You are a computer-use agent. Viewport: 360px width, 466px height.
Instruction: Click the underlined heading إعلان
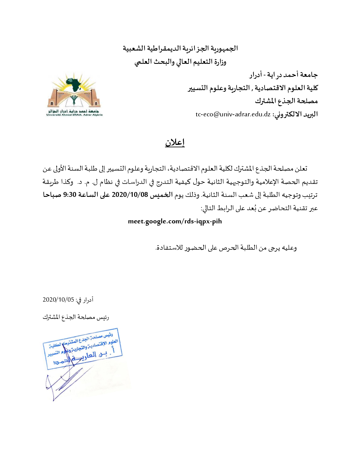click(175, 143)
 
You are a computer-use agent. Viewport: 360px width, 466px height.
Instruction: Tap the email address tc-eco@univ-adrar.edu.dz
click(233, 114)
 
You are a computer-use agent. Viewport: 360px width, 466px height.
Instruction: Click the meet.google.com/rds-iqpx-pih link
click(175, 221)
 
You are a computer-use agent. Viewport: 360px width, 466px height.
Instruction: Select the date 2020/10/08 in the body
click(130, 195)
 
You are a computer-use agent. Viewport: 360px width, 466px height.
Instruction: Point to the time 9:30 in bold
click(70, 195)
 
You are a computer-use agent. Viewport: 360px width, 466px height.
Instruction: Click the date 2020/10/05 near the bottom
click(58, 300)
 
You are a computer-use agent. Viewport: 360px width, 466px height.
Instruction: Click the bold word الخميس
click(161, 195)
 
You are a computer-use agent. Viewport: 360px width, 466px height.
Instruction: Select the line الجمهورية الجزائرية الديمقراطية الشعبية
click(180, 49)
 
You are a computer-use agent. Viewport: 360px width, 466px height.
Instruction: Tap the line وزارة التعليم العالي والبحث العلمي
click(180, 62)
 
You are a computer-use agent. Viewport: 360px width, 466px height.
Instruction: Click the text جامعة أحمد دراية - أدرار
click(283, 75)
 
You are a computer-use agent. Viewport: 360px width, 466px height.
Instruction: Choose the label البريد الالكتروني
click(295, 114)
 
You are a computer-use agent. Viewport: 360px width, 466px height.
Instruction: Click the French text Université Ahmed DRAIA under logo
click(75, 115)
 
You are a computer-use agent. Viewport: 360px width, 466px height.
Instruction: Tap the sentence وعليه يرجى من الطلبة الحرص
click(226, 248)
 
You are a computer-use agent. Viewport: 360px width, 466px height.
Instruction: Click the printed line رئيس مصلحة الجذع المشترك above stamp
click(76, 317)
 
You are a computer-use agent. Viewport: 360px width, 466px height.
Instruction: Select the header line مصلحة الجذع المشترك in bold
click(286, 101)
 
